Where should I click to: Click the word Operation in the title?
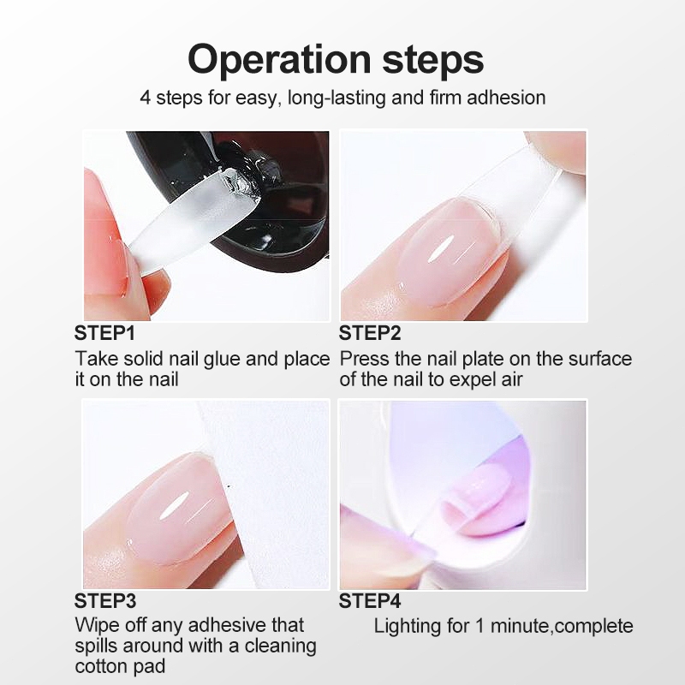279,60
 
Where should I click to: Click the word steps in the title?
433,61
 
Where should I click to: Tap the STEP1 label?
104,333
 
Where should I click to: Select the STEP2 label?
370,333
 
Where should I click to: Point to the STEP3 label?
105,601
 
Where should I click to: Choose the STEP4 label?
370,601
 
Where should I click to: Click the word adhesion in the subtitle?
506,97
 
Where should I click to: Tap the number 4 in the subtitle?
146,98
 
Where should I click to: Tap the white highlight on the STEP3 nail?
174,505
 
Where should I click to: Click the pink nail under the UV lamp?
476,498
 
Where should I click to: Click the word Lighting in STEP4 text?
408,627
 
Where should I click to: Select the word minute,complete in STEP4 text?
562,627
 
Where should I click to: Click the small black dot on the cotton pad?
229,485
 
